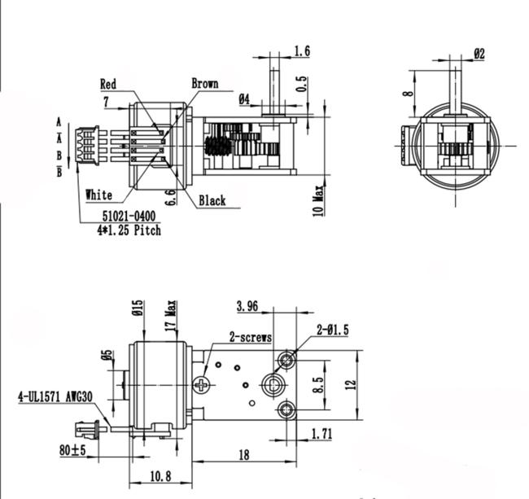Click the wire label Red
click(x=108, y=84)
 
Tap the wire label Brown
click(x=205, y=83)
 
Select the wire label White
click(x=98, y=195)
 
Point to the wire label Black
click(x=212, y=201)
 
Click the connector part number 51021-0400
click(x=129, y=216)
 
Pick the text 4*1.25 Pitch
click(x=129, y=230)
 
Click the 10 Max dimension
click(x=318, y=201)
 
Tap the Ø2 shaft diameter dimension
click(x=479, y=54)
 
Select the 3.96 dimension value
click(x=247, y=306)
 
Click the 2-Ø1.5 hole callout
click(x=333, y=330)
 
